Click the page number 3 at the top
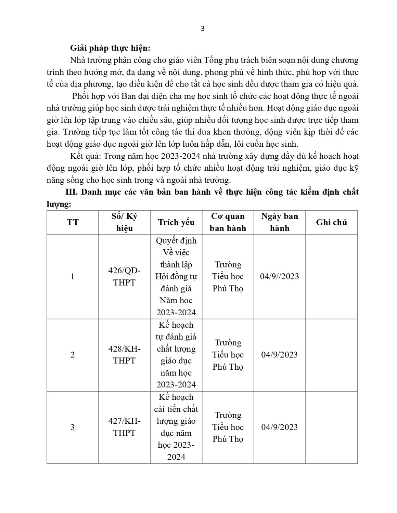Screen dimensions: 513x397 click(202, 29)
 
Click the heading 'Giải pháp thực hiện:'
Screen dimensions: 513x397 click(110, 48)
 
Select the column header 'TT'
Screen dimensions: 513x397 click(73, 222)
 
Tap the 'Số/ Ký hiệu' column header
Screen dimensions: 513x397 click(124, 222)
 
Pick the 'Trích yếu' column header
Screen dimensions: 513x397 click(176, 222)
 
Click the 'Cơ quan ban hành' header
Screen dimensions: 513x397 click(228, 222)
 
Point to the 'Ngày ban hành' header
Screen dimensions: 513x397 click(280, 222)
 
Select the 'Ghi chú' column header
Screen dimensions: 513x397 click(331, 222)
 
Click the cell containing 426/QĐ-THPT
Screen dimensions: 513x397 click(124, 276)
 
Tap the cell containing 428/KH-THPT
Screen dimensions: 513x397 click(124, 355)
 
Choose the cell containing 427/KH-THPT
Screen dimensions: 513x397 click(124, 427)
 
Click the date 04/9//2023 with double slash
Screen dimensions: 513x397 click(279, 276)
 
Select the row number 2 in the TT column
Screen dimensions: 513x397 click(73, 355)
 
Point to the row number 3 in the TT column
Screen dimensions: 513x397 click(73, 427)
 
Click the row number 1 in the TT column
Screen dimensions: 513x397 click(73, 276)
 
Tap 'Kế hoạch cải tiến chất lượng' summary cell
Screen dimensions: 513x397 click(176, 427)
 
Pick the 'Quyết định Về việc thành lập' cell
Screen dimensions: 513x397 click(176, 276)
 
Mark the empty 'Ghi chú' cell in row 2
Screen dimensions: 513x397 click(331, 355)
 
